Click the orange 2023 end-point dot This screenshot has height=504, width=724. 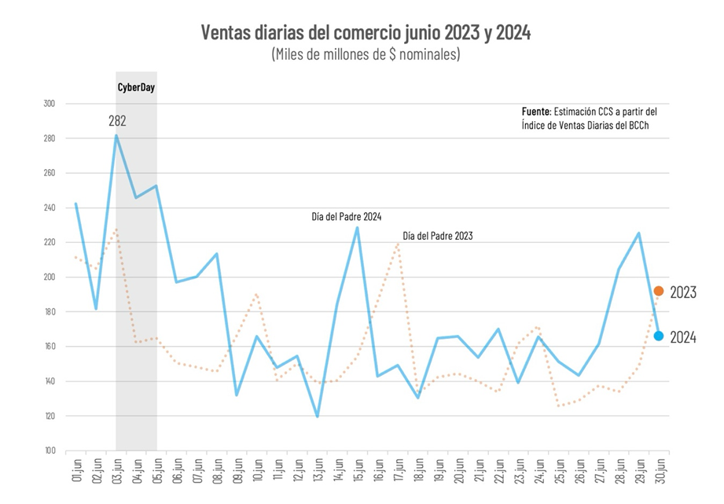tap(659, 292)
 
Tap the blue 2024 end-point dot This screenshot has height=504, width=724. tap(659, 336)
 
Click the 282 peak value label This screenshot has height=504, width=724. tap(117, 121)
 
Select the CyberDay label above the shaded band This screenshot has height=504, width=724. tap(136, 87)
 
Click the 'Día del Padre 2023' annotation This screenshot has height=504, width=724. tap(437, 235)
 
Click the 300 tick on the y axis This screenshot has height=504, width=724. tap(50, 104)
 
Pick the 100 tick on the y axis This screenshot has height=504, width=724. tap(50, 451)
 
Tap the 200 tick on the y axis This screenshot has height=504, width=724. tap(50, 278)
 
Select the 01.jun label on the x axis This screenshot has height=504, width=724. tap(76, 474)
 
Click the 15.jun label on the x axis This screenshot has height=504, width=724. tap(358, 474)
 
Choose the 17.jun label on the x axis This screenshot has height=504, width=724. tap(398, 474)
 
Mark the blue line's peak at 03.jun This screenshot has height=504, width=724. tap(116, 135)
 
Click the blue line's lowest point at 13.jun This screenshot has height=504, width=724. tap(317, 416)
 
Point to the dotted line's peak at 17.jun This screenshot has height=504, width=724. tap(398, 244)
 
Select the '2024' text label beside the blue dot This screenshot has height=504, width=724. tap(683, 337)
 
